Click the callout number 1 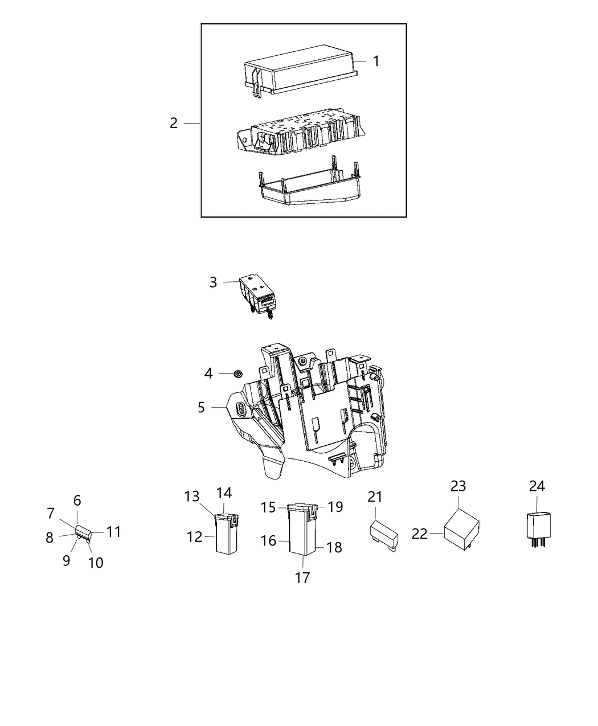(x=376, y=61)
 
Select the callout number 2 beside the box (x=174, y=123)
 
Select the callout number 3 (x=213, y=282)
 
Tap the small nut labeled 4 (x=239, y=374)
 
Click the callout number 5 (x=201, y=408)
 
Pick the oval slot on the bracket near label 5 (x=241, y=409)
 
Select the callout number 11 (x=114, y=532)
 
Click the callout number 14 (x=224, y=493)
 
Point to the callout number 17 (x=302, y=577)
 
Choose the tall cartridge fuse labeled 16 (x=302, y=530)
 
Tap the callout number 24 (x=536, y=486)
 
